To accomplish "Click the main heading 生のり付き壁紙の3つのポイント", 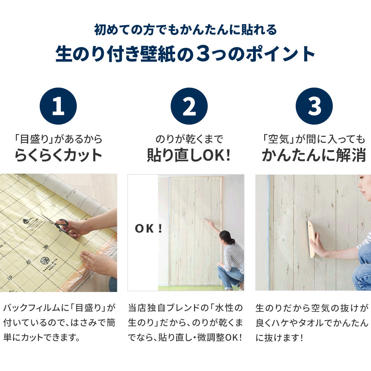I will [185, 54].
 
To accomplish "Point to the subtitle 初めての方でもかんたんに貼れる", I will [185, 30].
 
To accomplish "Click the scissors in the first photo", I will [56, 222].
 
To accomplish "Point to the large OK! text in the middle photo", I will [148, 229].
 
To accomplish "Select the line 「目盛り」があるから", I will [58, 139].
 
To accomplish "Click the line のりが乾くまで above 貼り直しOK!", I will [189, 139].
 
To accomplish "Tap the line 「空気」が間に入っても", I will [314, 139].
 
